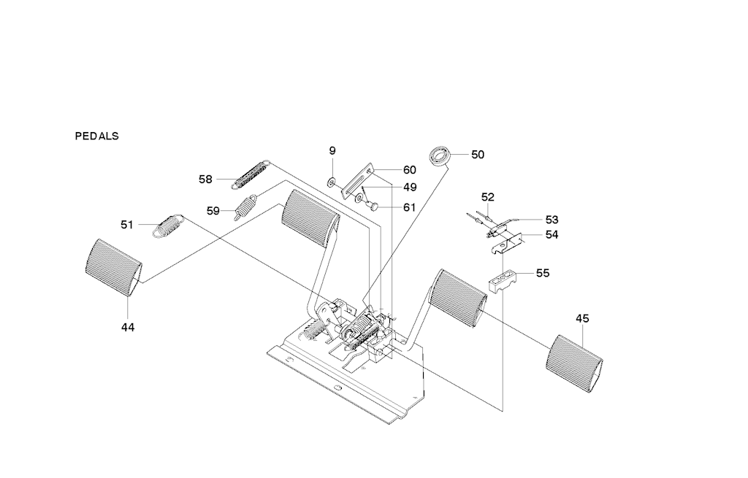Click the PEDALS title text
pyautogui.click(x=96, y=136)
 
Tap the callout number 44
pyautogui.click(x=128, y=328)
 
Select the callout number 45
pyautogui.click(x=582, y=318)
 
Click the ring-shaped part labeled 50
pyautogui.click(x=439, y=155)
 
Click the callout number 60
pyautogui.click(x=409, y=170)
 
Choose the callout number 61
pyautogui.click(x=409, y=207)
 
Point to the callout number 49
pyautogui.click(x=409, y=188)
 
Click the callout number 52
pyautogui.click(x=487, y=197)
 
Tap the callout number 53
pyautogui.click(x=552, y=220)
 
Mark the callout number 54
pyautogui.click(x=552, y=235)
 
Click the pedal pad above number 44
pyautogui.click(x=113, y=268)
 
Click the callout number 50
pyautogui.click(x=477, y=155)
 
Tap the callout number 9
pyautogui.click(x=332, y=150)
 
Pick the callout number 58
pyautogui.click(x=205, y=179)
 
